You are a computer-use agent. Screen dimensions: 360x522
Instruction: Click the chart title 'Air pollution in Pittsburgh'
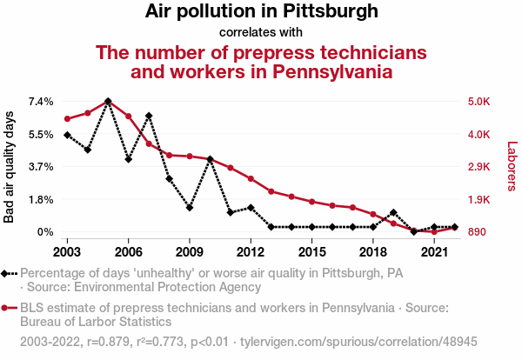click(x=261, y=12)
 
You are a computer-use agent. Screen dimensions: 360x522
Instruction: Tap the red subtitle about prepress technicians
click(x=261, y=61)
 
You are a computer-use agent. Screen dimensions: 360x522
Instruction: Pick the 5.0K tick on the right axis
click(x=479, y=102)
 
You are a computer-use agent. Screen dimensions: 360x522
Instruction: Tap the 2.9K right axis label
click(x=479, y=167)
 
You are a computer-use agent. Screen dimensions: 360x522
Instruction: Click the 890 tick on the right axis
click(x=477, y=232)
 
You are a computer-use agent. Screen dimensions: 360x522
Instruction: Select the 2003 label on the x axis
click(x=67, y=251)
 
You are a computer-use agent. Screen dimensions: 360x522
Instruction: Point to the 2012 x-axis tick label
click(x=251, y=251)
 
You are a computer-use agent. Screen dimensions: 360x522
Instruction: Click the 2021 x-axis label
click(x=434, y=251)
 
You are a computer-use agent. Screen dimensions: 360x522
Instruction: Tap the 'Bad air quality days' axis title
click(x=10, y=167)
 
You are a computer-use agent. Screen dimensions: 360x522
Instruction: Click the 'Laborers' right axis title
click(x=512, y=167)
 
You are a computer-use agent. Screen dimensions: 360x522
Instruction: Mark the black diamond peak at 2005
click(x=108, y=101)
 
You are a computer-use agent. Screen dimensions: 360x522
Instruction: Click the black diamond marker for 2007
click(x=149, y=116)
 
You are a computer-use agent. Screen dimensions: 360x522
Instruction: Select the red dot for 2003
click(x=67, y=118)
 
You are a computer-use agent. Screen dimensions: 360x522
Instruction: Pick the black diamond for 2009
click(x=190, y=208)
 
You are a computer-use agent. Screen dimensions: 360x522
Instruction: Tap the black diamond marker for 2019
click(x=393, y=212)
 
